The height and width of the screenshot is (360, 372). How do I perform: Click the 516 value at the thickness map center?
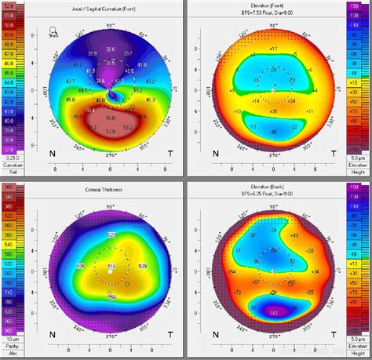point(111,267)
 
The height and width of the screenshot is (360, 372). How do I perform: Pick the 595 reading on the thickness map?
point(79,267)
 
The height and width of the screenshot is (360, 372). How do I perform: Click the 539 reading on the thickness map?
point(142,267)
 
